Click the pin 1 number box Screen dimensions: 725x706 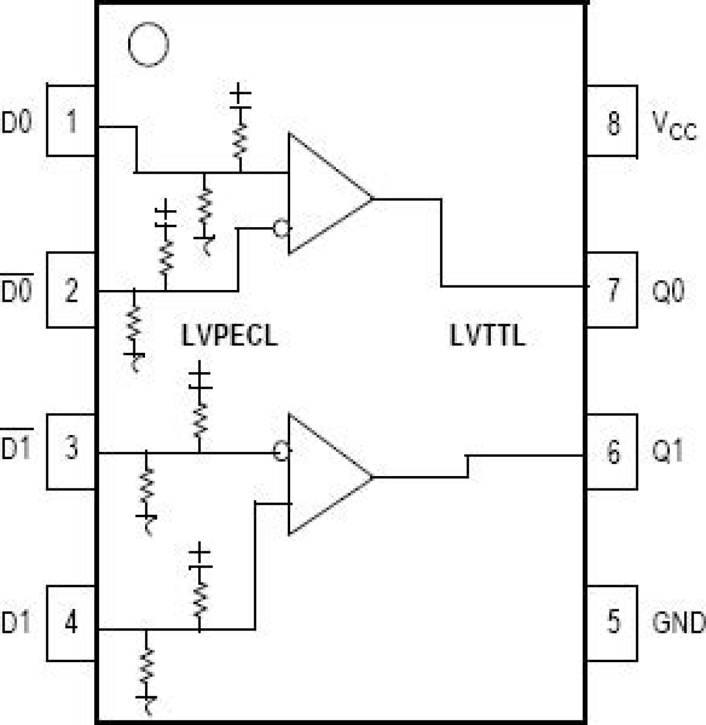click(71, 121)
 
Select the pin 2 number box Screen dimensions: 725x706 click(71, 290)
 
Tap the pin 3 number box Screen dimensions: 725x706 click(71, 451)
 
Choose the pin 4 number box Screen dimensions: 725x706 click(71, 623)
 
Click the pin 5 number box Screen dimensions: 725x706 click(612, 623)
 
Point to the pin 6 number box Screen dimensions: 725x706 click(612, 451)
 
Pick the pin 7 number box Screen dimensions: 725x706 click(612, 290)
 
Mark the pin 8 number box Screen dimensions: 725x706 click(612, 121)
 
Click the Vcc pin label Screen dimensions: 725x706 click(673, 125)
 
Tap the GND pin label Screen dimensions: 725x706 click(677, 623)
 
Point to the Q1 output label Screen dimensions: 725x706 click(667, 451)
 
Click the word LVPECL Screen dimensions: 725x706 click(229, 336)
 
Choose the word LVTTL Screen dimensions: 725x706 click(487, 336)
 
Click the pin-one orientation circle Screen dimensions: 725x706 click(148, 44)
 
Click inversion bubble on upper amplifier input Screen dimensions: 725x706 click(281, 228)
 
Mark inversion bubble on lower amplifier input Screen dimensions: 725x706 click(281, 451)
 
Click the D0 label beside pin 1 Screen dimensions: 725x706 click(17, 122)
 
